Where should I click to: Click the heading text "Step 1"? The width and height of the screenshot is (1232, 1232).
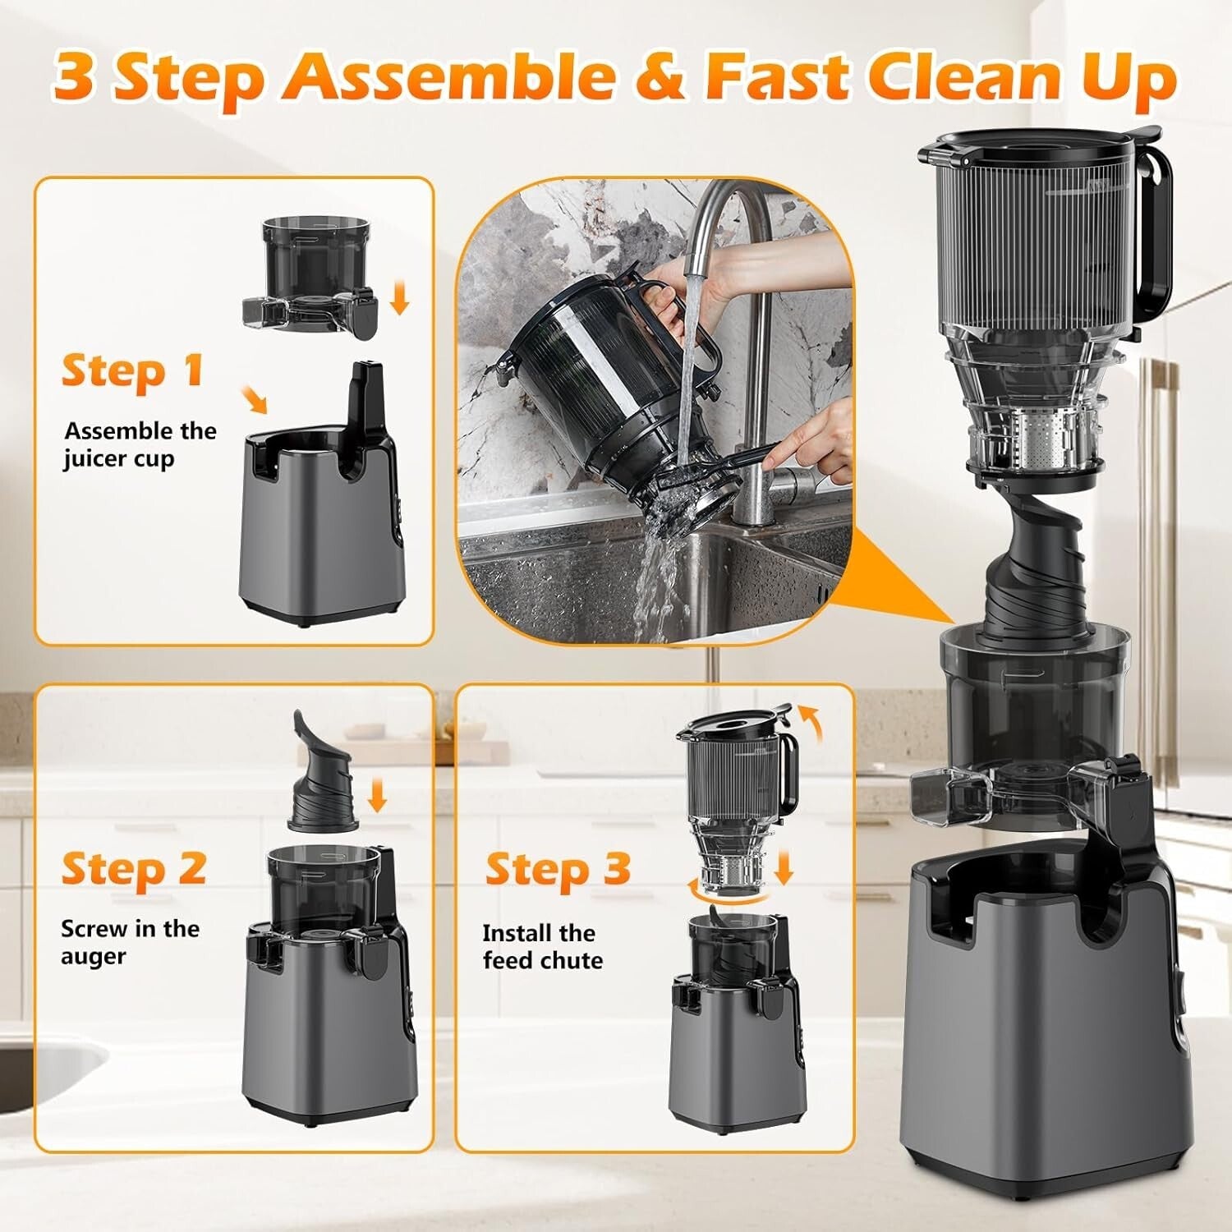132,370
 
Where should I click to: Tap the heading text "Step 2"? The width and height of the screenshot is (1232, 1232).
133,868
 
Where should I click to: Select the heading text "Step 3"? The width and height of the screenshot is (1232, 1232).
558,869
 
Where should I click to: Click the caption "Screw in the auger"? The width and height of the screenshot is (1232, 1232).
130,942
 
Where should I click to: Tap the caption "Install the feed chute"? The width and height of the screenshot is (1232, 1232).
542,946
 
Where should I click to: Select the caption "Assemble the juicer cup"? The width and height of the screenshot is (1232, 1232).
140,444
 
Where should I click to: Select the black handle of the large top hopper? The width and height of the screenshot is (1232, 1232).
1158,238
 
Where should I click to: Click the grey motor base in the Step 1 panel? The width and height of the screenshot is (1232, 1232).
316,542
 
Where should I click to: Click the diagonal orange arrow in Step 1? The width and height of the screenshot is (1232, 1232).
255,402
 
